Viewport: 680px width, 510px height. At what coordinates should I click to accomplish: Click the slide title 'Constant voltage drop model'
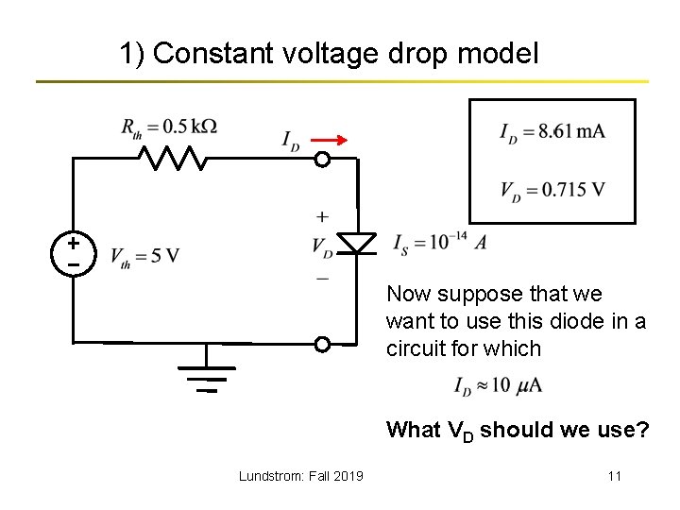coord(329,54)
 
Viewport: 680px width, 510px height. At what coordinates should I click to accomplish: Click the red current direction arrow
coord(329,140)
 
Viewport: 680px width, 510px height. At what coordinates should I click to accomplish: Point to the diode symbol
coord(357,243)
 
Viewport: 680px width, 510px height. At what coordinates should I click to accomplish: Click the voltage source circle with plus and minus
coord(73,250)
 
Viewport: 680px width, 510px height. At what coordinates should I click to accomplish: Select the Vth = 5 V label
coord(144,257)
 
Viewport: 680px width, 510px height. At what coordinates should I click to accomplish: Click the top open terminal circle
coord(322,159)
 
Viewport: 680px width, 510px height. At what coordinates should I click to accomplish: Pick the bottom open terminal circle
coord(322,344)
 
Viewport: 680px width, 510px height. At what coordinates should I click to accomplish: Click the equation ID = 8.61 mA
coord(552,131)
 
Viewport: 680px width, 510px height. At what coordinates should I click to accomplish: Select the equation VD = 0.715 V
coord(552,190)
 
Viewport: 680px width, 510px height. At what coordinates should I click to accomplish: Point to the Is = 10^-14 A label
coord(440,242)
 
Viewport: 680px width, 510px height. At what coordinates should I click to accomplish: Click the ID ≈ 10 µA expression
coord(498,386)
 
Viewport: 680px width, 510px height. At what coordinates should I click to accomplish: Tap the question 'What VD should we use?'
coord(517,431)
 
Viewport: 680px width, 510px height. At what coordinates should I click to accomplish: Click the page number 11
coord(614,476)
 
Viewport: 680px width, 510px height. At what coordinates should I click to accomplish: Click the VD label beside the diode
coord(322,246)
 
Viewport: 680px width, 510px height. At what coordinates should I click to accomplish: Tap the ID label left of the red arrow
coord(291,141)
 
